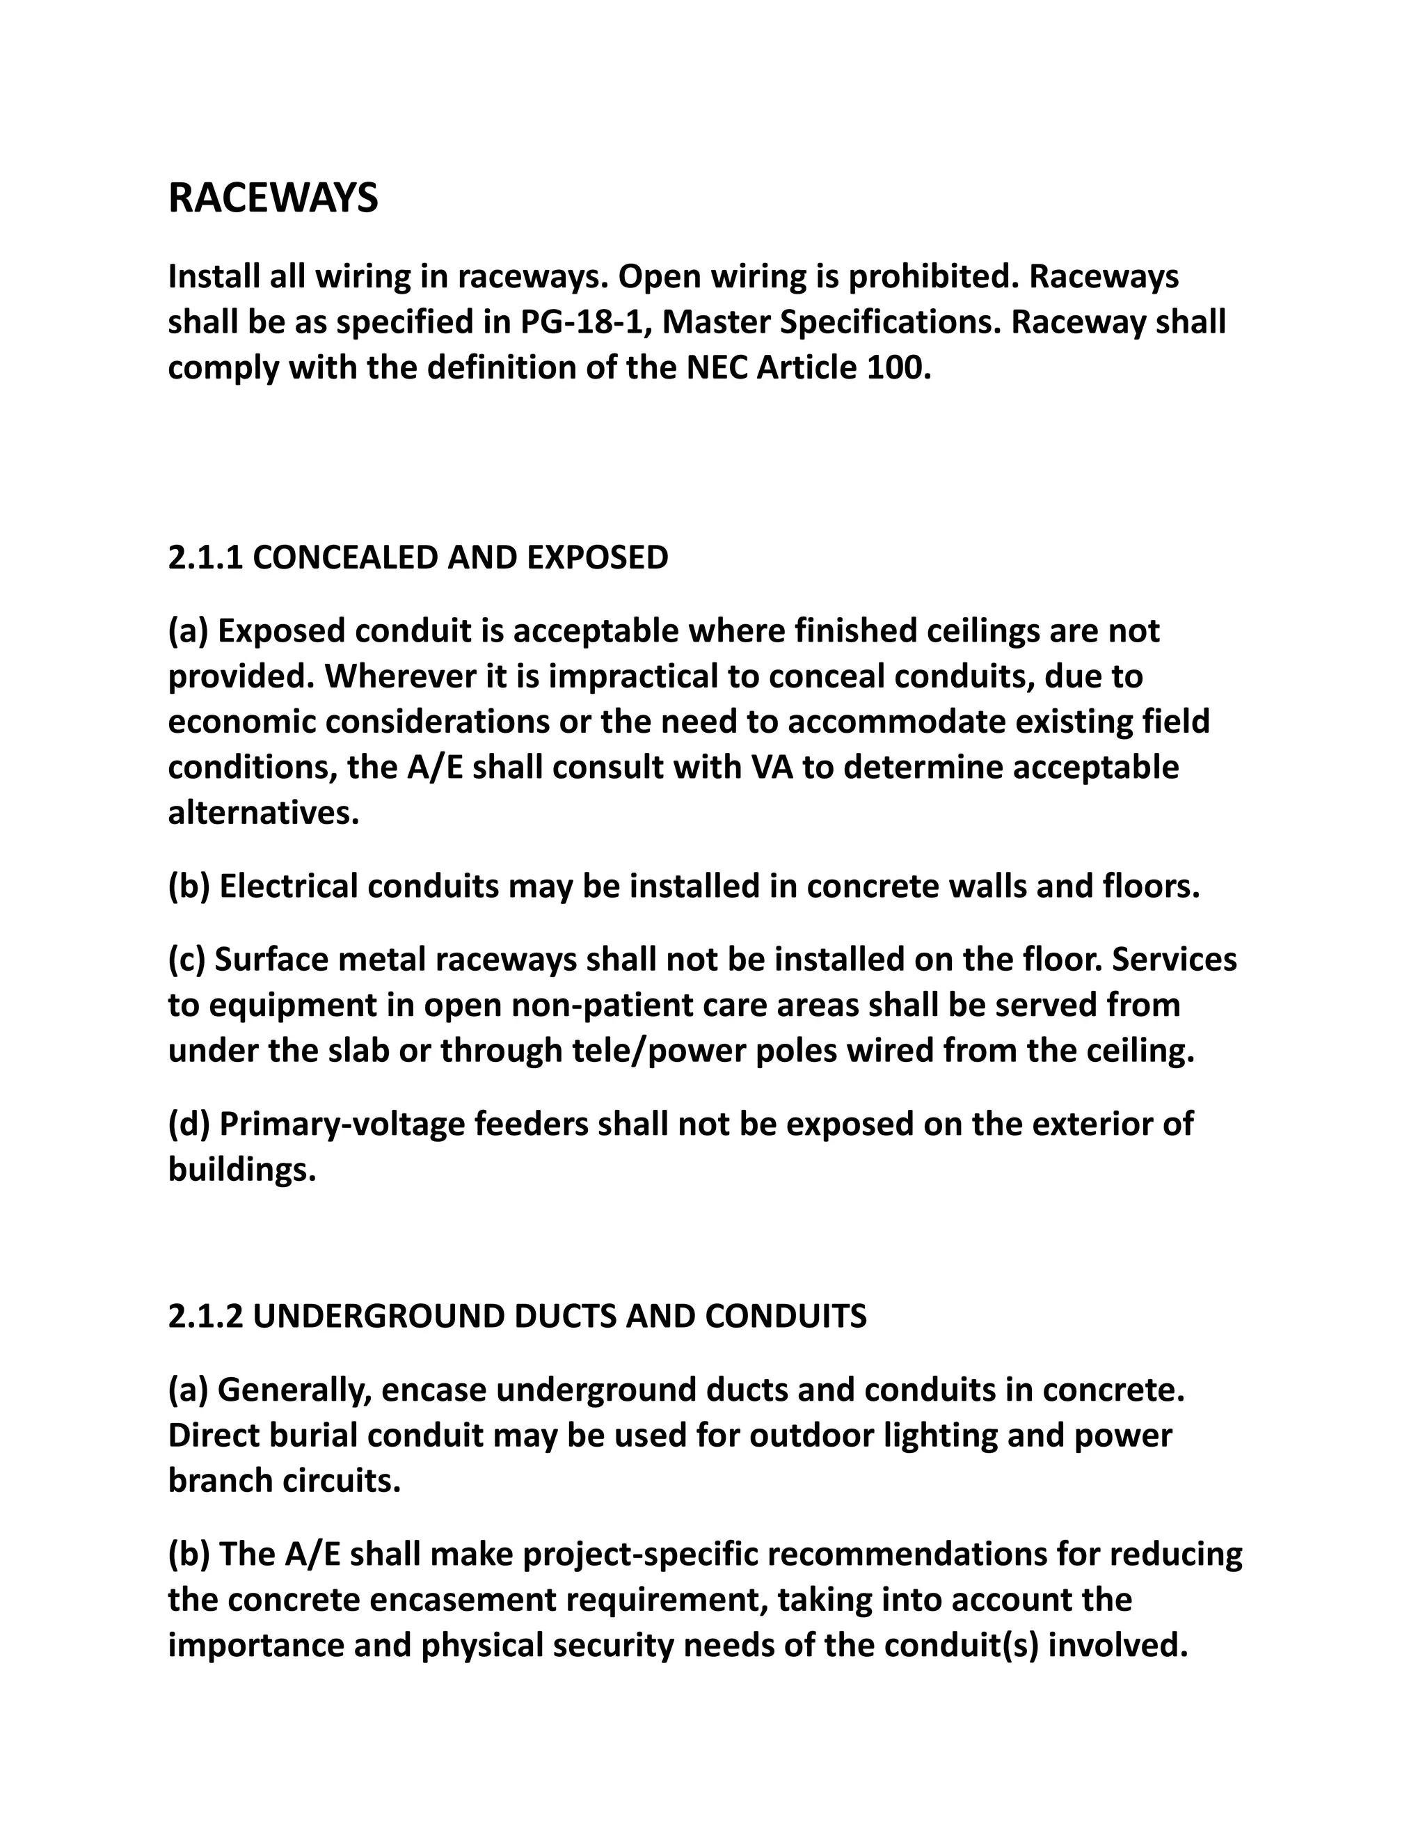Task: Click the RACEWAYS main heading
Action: tap(273, 199)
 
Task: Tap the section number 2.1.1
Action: tap(205, 558)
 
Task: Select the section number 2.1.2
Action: tap(205, 1317)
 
